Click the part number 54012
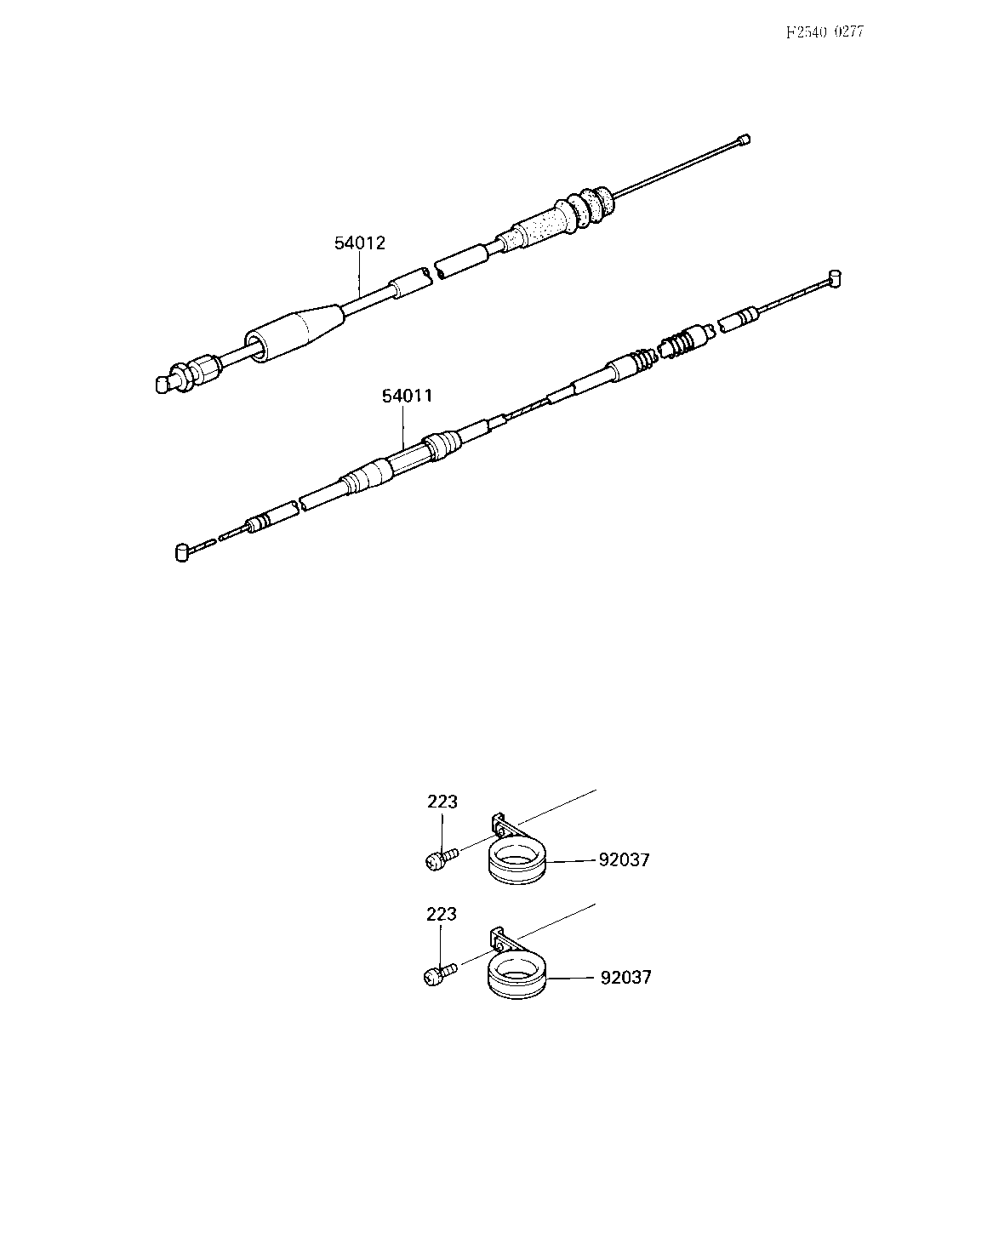[360, 243]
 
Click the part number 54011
[408, 397]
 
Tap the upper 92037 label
[624, 859]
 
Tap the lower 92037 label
[625, 977]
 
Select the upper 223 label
[442, 802]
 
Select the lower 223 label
[442, 914]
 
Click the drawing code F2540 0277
[825, 32]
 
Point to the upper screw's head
[433, 861]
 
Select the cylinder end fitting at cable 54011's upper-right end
[835, 279]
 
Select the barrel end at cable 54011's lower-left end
[182, 552]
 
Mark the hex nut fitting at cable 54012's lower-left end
[197, 373]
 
